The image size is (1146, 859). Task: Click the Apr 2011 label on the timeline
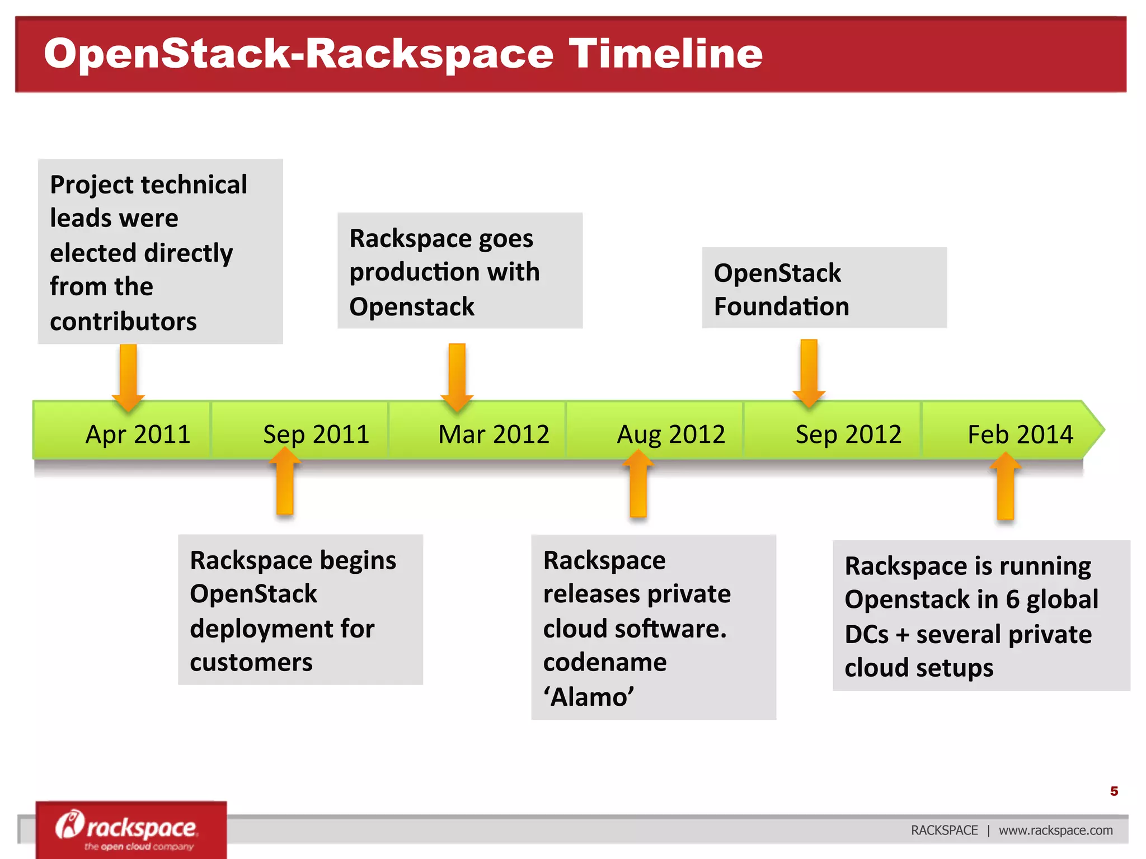[138, 435]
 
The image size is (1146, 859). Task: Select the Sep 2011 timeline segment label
[316, 435]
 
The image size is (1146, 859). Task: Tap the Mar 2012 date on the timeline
[494, 435]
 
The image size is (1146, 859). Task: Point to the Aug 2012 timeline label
[671, 435]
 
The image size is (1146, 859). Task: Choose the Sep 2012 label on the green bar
[848, 435]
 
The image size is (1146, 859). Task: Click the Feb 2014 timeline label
[1020, 435]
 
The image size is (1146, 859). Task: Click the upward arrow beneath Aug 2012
[638, 484]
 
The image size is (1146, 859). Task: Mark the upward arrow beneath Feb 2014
[1006, 486]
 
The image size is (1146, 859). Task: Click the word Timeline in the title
[665, 54]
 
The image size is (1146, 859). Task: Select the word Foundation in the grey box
[781, 306]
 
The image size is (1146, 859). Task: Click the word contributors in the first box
[123, 322]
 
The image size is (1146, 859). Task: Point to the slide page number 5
[1114, 791]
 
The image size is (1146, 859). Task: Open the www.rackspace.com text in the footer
[1055, 830]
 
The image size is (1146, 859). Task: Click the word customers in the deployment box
[251, 663]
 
